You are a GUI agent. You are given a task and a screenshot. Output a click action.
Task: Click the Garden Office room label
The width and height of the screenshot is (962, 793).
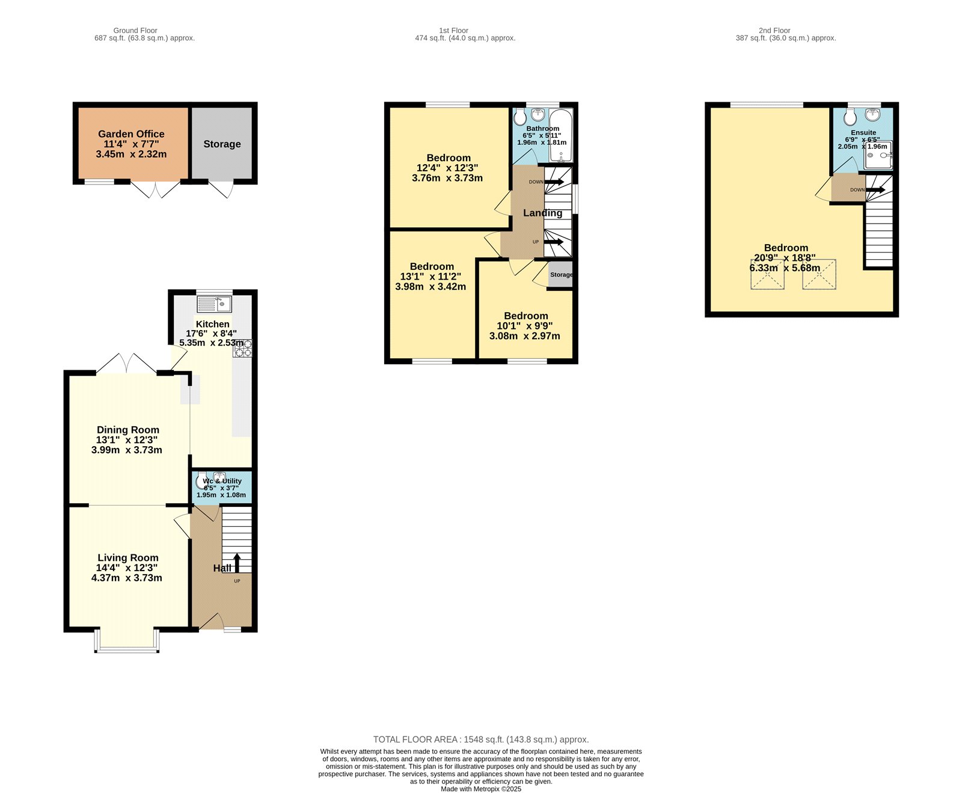coord(131,134)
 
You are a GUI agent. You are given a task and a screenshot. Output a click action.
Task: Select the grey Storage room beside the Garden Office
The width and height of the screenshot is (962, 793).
coord(222,144)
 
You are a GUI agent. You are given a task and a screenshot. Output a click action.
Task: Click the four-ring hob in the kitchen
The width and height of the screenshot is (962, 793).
coord(243,349)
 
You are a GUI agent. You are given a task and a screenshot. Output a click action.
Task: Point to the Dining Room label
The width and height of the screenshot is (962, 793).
coord(128,430)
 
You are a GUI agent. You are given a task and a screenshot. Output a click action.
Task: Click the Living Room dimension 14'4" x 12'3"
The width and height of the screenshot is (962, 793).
coord(127,568)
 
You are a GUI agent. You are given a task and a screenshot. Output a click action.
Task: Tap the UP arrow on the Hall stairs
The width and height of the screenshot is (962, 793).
coord(236,562)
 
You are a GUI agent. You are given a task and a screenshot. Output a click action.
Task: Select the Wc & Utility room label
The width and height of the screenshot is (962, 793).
coord(222,481)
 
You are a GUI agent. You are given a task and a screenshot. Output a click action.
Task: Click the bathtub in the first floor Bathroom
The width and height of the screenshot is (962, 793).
coord(562,135)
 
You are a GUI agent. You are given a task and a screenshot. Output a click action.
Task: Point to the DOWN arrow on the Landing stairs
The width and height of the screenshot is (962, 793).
coord(554,182)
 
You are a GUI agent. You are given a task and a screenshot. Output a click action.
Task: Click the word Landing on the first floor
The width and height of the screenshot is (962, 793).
coord(542,213)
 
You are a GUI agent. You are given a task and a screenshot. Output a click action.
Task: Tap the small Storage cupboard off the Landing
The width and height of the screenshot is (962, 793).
coord(560,275)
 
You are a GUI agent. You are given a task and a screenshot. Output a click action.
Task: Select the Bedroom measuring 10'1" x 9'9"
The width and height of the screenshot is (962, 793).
coord(525,325)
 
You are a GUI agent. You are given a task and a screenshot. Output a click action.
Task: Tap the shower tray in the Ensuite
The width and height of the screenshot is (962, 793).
coord(878,155)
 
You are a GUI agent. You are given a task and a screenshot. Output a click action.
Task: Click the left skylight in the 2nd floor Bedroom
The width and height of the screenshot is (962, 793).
coord(767,274)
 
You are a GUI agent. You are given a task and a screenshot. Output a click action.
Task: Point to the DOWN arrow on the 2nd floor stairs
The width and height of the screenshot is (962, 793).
coord(875,190)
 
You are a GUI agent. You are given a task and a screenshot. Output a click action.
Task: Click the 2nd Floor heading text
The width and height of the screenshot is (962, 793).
coord(774,30)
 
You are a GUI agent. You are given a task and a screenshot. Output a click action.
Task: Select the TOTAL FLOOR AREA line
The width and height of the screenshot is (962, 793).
coord(481,739)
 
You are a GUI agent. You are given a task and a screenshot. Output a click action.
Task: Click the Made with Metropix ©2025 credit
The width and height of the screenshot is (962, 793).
coord(481,789)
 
